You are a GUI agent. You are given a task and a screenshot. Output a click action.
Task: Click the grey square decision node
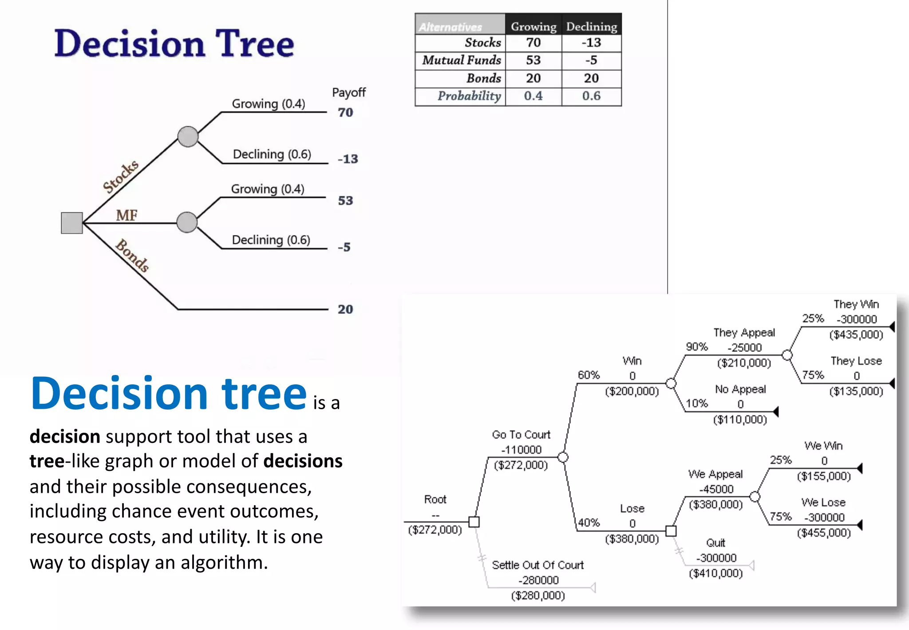click(x=72, y=223)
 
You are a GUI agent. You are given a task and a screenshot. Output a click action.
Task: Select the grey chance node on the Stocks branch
click(x=188, y=136)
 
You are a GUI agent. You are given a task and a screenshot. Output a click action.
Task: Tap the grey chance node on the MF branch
click(x=187, y=222)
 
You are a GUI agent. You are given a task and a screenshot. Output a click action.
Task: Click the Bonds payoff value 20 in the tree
click(x=345, y=309)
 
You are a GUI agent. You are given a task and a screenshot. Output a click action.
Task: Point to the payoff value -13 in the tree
click(x=348, y=159)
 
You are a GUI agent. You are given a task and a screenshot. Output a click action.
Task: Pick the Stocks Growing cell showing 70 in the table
click(x=533, y=43)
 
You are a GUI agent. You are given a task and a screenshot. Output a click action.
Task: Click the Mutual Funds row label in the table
click(x=461, y=60)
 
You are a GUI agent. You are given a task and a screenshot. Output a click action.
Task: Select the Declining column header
click(x=591, y=27)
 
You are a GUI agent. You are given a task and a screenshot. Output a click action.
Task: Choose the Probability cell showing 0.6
click(x=591, y=96)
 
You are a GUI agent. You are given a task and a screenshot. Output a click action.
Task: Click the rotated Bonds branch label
click(x=132, y=255)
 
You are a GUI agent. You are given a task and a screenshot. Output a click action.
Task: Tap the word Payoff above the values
click(x=349, y=92)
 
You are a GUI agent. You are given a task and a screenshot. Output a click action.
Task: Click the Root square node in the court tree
click(x=474, y=522)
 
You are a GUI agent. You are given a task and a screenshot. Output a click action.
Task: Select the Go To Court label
click(x=521, y=435)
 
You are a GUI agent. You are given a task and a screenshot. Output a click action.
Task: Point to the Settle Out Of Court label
click(x=537, y=565)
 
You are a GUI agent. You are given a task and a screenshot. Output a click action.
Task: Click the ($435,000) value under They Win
click(x=856, y=335)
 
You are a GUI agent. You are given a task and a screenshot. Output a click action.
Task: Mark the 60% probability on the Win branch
click(x=589, y=375)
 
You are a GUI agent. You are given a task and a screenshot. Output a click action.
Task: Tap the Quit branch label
click(x=715, y=543)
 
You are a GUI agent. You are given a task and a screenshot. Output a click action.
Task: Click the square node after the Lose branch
click(x=671, y=531)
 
